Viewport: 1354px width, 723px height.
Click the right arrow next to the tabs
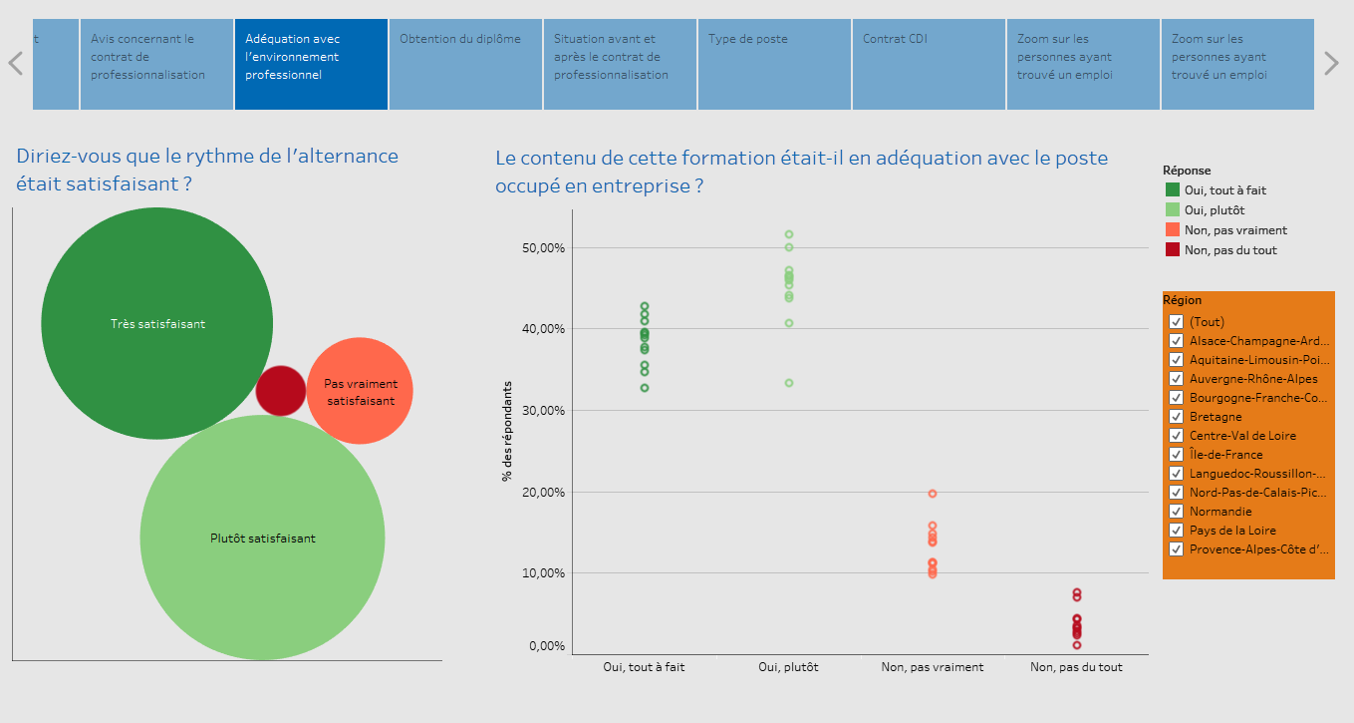[1331, 64]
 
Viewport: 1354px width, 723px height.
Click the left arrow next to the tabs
[15, 64]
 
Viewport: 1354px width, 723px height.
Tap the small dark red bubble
[281, 390]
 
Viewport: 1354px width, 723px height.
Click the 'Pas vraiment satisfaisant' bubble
[360, 391]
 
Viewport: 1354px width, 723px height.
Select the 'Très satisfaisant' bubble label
[157, 323]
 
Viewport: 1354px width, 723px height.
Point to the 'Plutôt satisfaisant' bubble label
[262, 538]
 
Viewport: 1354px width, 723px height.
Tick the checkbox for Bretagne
[1176, 417]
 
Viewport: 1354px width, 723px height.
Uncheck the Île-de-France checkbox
[1176, 455]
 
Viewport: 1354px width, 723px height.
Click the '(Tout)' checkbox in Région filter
[1176, 322]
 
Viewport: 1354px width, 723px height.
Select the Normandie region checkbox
[1176, 512]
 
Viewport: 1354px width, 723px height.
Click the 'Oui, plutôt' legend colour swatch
[1173, 210]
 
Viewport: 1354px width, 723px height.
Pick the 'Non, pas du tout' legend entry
[1229, 250]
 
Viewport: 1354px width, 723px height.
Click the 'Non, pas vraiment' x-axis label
[932, 667]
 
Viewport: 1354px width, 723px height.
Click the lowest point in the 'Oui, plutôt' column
[789, 383]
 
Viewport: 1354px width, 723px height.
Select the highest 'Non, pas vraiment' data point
[933, 494]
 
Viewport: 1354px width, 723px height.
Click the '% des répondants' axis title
[507, 431]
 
